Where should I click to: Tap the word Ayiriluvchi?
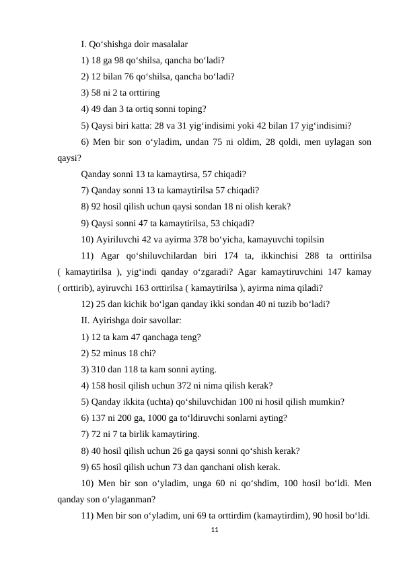coord(116,238)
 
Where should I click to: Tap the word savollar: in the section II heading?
coord(162,320)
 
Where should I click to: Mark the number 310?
coord(98,369)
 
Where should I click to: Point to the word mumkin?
coord(328,402)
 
